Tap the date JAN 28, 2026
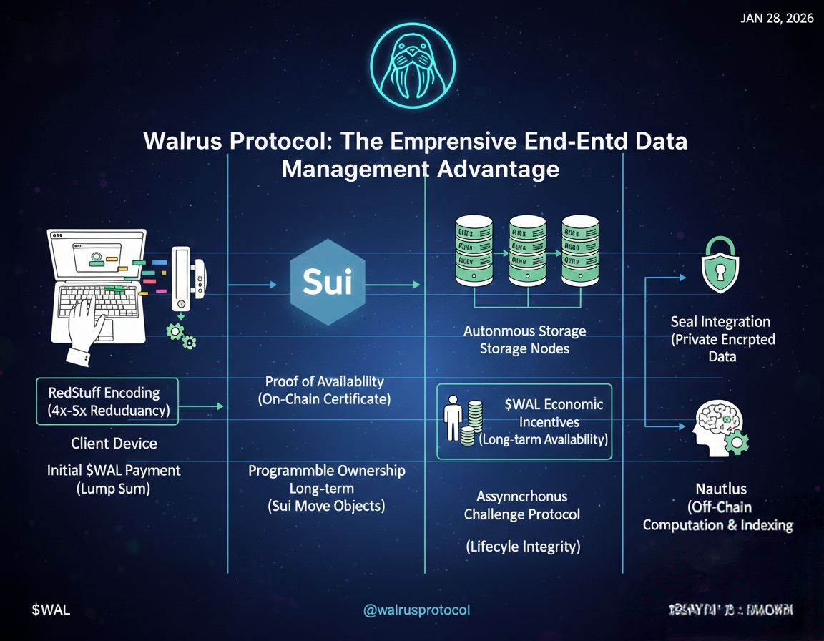click(777, 19)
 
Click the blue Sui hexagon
click(328, 283)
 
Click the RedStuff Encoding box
click(107, 401)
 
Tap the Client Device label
click(114, 444)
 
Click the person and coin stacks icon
click(461, 424)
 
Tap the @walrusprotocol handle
click(416, 610)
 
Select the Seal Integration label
click(720, 322)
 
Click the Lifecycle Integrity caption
click(522, 547)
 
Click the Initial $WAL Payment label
click(114, 471)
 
